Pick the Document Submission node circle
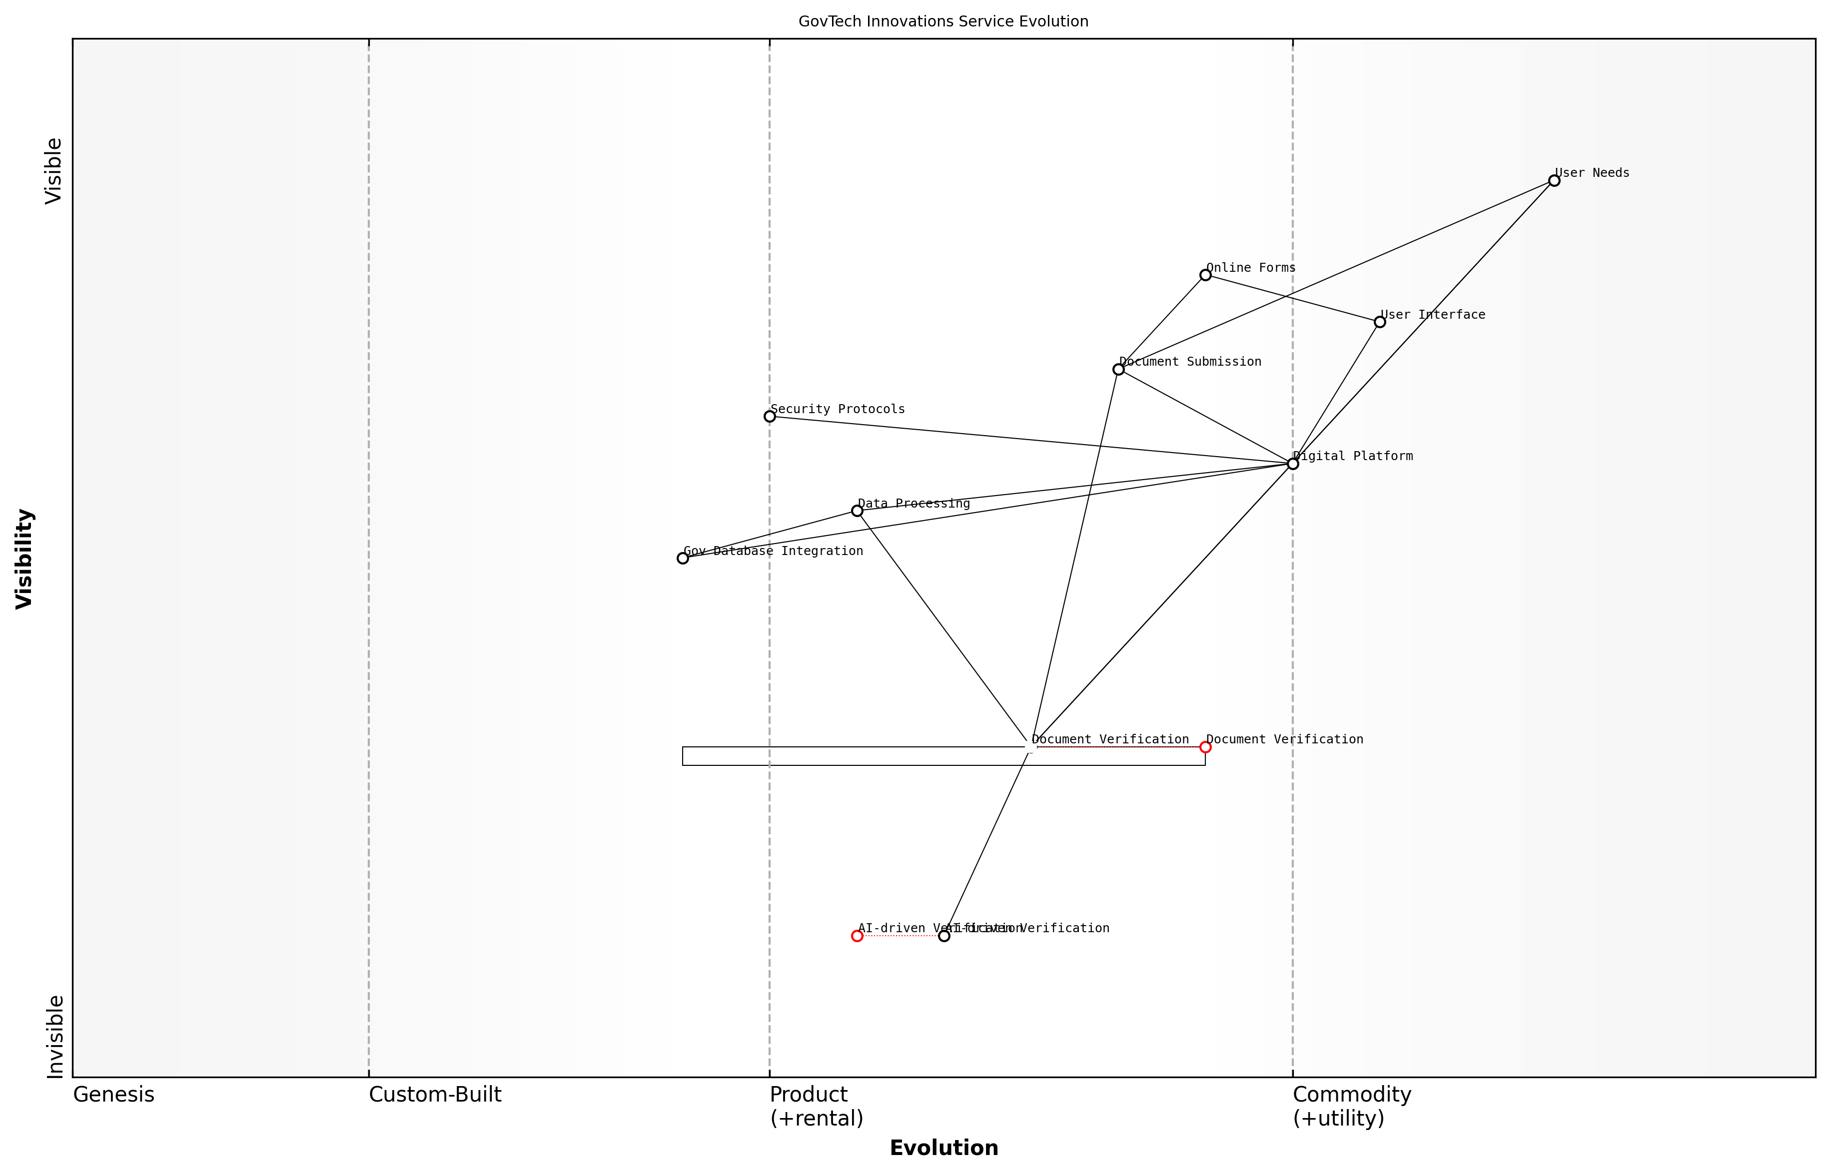pyautogui.click(x=1118, y=370)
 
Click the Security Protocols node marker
pyautogui.click(x=770, y=416)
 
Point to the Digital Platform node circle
pyautogui.click(x=1292, y=464)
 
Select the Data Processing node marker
pyautogui.click(x=857, y=511)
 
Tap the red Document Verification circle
pyautogui.click(x=1205, y=747)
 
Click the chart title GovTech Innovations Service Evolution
pyautogui.click(x=943, y=22)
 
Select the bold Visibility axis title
pyautogui.click(x=24, y=559)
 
